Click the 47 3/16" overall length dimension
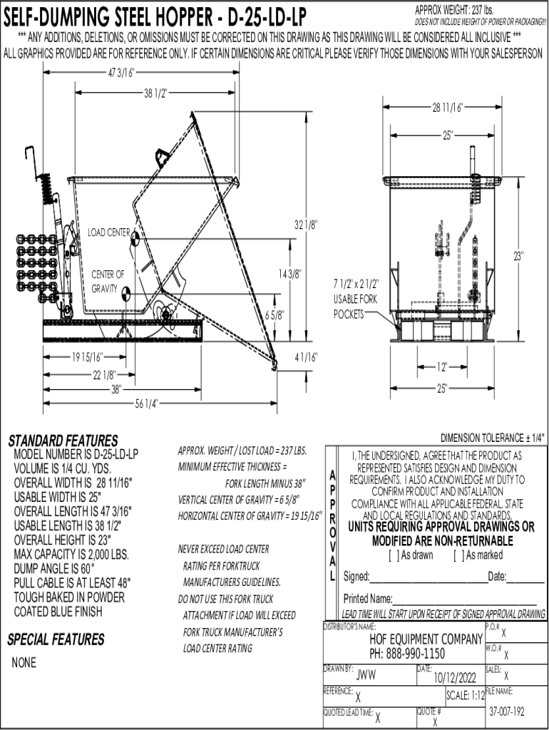coord(122,72)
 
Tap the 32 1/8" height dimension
coord(307,225)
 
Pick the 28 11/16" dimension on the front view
coord(448,108)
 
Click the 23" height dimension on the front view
coord(518,255)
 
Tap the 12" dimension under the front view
coord(443,367)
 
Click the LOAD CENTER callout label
coord(108,232)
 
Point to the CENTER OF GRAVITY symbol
coord(126,292)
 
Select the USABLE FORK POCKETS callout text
coord(355,299)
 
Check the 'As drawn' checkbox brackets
coord(392,555)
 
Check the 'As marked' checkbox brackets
coord(457,555)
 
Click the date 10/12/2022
coord(450,677)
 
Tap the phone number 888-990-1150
coord(407,653)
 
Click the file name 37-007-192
coord(507,711)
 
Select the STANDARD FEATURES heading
coord(63,440)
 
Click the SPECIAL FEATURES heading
coord(56,639)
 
